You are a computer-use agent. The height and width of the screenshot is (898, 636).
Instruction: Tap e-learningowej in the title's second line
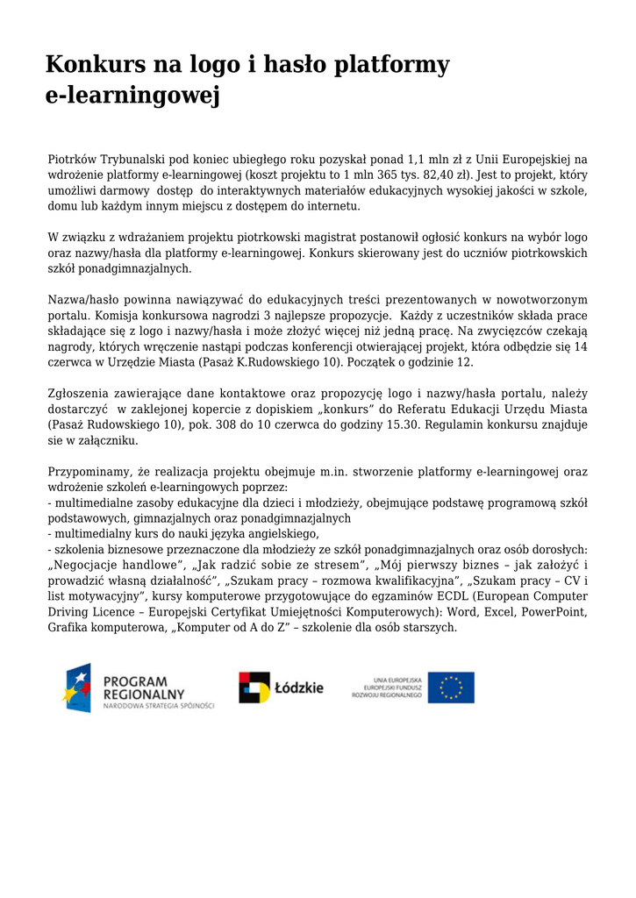[132, 96]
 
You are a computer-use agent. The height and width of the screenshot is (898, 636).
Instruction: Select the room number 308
[236, 424]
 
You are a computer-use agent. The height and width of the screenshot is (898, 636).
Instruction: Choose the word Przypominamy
[90, 472]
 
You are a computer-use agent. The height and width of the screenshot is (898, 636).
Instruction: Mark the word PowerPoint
[555, 611]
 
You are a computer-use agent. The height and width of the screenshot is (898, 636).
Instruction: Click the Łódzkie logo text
[299, 688]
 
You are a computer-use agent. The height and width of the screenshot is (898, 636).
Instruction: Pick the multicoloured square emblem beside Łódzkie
[254, 688]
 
